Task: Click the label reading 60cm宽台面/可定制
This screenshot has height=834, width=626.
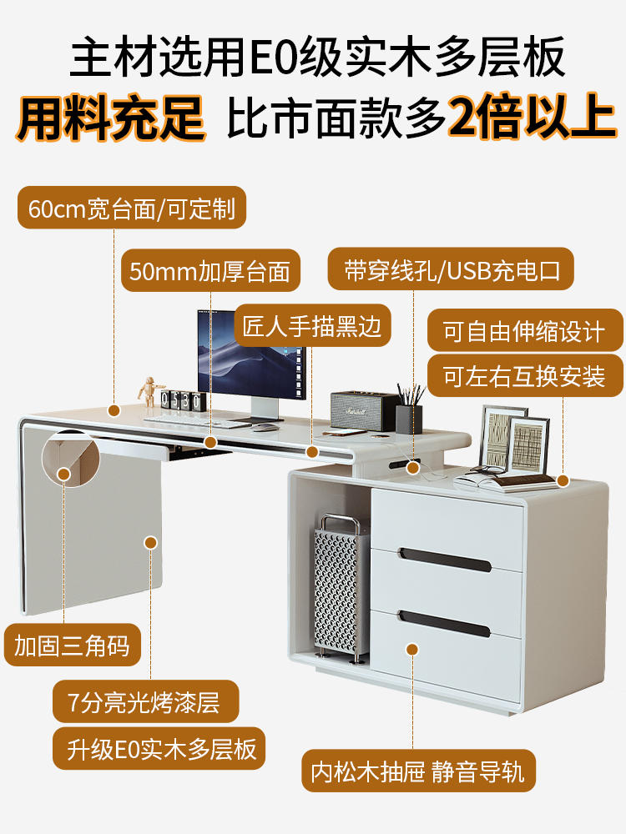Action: click(132, 208)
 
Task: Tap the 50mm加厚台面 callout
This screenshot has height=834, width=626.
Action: click(210, 271)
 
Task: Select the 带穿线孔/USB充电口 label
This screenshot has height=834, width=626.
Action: click(451, 269)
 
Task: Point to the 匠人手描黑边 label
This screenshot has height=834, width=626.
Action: click(312, 325)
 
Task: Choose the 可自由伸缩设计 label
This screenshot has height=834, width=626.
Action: click(525, 331)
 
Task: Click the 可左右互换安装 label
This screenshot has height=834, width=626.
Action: click(525, 376)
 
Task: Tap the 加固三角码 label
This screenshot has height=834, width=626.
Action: click(73, 646)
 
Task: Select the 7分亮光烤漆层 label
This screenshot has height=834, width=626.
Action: click(145, 701)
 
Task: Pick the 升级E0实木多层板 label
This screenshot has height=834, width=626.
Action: click(159, 748)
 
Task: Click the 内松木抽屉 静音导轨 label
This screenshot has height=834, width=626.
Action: click(418, 771)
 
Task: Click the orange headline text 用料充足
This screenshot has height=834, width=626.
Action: click(111, 118)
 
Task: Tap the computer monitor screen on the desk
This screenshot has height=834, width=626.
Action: click(251, 354)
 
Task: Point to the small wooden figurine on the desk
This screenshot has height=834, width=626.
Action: click(149, 391)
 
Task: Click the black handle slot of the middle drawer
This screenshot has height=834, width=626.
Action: click(445, 560)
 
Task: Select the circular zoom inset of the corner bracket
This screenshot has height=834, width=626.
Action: click(70, 458)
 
